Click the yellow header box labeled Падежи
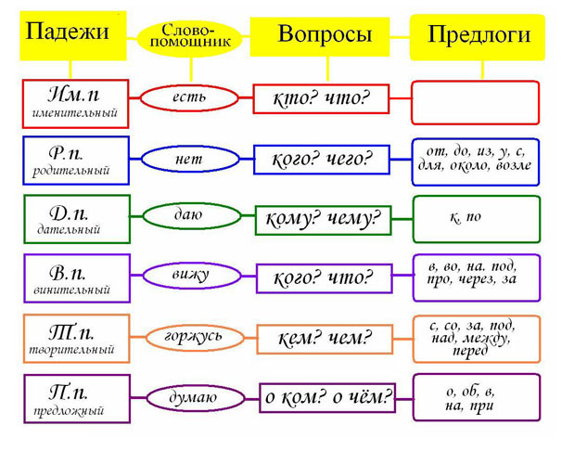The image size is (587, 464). click(73, 35)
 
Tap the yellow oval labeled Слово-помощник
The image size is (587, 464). click(190, 38)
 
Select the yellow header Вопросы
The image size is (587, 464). click(320, 37)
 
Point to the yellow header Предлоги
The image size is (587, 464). click(478, 37)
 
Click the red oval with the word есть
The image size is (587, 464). click(189, 98)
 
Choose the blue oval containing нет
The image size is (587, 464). click(190, 159)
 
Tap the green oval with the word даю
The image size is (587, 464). click(192, 215)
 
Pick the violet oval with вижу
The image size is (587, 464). click(192, 276)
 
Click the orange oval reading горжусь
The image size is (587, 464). click(195, 338)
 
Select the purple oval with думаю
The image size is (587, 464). click(195, 398)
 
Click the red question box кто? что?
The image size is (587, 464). click(321, 99)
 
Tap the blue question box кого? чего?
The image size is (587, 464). click(322, 160)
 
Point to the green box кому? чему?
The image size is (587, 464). click(323, 220)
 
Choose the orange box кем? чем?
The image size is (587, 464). click(325, 340)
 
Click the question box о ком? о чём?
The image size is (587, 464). click(327, 398)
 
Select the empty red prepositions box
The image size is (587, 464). click(475, 102)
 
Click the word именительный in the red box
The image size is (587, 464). click(75, 112)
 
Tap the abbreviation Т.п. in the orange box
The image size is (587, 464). click(71, 332)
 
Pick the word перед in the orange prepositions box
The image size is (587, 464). click(470, 351)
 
